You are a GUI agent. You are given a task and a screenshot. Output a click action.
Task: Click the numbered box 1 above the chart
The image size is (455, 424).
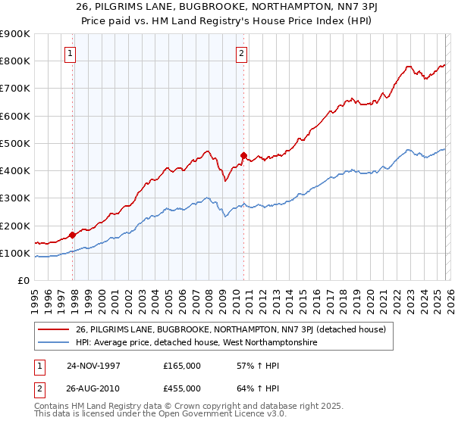70,53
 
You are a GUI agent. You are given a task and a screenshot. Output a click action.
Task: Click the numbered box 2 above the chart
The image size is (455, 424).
241,53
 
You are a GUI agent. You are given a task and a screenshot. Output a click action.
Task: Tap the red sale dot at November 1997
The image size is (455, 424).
73,235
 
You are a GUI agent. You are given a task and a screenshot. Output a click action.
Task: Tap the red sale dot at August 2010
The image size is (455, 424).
243,155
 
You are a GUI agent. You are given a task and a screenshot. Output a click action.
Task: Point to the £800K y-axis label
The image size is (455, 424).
15,61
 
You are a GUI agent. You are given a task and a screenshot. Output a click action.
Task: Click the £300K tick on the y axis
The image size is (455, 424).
15,198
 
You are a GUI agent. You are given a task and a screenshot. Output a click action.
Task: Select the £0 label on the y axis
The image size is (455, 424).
23,280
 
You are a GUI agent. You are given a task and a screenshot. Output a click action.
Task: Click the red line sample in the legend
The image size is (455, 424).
53,329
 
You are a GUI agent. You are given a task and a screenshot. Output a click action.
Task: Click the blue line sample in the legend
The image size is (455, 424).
53,343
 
